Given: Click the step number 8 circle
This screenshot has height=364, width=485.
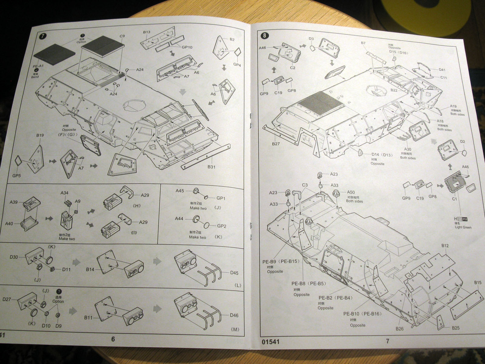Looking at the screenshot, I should [x=265, y=35].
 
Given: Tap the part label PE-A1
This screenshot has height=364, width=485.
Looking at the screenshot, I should [x=38, y=66].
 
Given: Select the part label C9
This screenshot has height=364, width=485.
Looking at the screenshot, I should [x=122, y=36].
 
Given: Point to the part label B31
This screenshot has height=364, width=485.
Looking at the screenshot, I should [x=211, y=167].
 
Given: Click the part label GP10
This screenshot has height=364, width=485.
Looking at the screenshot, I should [x=187, y=47].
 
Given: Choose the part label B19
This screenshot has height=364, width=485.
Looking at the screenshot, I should [x=40, y=135].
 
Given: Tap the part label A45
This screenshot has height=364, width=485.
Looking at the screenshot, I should [x=180, y=191].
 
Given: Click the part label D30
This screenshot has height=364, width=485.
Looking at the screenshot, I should [x=14, y=257].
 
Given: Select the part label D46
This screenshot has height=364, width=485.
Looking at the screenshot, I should [x=234, y=315].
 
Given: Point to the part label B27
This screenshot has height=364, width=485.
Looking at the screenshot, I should [x=276, y=143].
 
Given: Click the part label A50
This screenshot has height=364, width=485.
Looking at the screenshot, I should [x=351, y=192].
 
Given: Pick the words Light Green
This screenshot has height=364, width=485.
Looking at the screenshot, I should [x=463, y=227].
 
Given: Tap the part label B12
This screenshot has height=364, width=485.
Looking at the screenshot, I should [x=445, y=245].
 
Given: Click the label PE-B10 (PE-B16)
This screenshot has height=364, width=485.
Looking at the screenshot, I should [x=362, y=314].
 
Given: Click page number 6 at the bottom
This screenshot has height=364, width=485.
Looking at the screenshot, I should [x=113, y=339].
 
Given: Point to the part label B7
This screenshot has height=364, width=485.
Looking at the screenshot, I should [x=363, y=43].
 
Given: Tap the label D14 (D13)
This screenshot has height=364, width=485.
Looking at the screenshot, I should [x=382, y=155].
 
